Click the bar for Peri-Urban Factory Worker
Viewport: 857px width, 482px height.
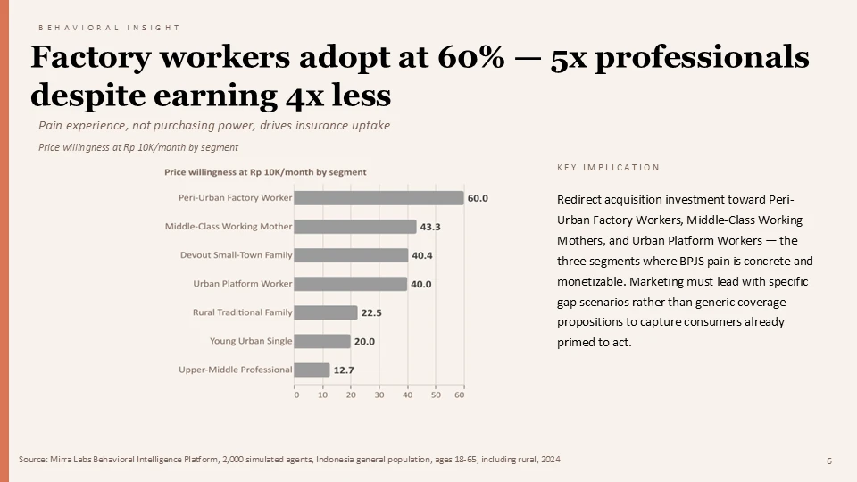click(379, 198)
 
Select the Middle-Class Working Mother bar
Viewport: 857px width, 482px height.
click(354, 227)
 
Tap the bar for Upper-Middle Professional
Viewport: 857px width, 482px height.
click(312, 370)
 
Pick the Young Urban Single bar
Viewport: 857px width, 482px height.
click(322, 341)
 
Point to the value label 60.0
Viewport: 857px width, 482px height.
click(478, 198)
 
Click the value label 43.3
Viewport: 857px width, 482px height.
click(430, 227)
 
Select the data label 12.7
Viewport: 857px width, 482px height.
click(344, 370)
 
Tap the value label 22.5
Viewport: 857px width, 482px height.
click(371, 312)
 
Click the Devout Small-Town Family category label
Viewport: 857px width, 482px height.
click(236, 255)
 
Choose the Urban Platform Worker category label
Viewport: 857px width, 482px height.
click(243, 284)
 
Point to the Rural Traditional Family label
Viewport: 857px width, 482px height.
click(242, 312)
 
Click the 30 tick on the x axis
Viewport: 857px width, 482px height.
click(379, 395)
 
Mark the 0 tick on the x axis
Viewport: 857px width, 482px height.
click(296, 395)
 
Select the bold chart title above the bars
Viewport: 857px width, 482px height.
click(265, 171)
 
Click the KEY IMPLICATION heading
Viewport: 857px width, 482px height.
click(608, 168)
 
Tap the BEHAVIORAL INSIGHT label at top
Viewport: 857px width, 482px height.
click(109, 28)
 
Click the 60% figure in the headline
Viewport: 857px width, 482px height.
click(468, 57)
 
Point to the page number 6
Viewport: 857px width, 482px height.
click(829, 461)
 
